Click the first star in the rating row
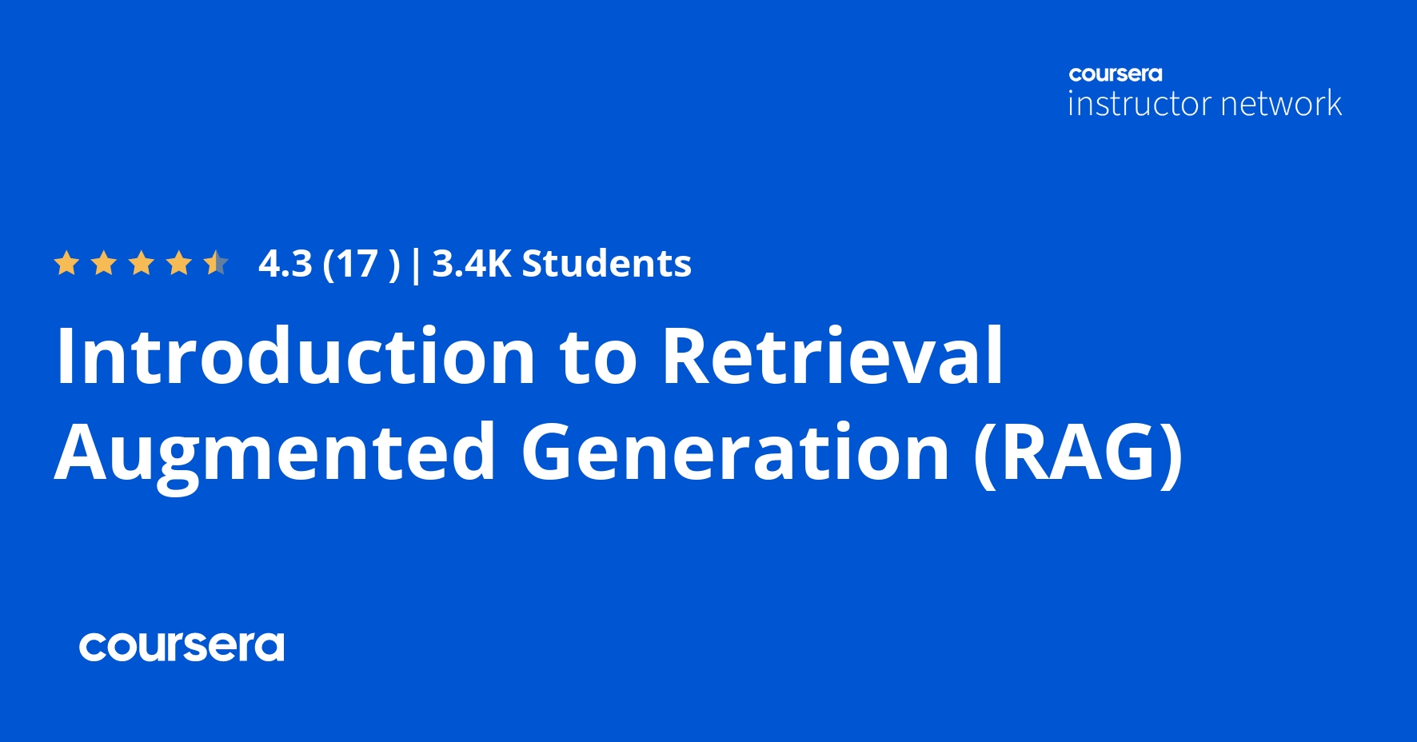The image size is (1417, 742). [x=66, y=263]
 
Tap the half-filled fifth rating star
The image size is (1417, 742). [x=216, y=263]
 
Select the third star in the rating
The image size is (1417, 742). [x=142, y=263]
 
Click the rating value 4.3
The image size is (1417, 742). [x=285, y=264]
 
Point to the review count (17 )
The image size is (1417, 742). [x=361, y=264]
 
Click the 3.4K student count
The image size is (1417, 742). [x=471, y=264]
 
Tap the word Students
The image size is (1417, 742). [x=606, y=264]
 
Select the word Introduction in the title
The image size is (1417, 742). [x=295, y=356]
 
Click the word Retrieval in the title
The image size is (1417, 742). [x=832, y=356]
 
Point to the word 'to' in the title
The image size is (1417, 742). [x=598, y=357]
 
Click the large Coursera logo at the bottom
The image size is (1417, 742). [x=182, y=647]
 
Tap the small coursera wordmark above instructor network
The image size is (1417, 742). [x=1116, y=74]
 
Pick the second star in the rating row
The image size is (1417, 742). [x=104, y=263]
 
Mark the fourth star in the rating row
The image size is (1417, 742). [x=179, y=263]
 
